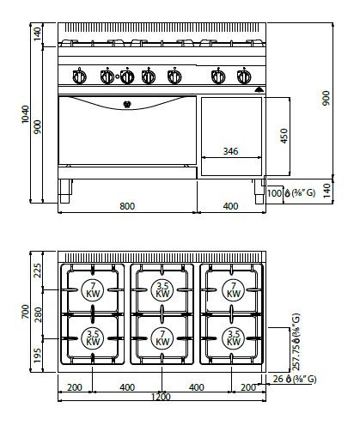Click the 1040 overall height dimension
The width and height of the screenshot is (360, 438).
point(25,113)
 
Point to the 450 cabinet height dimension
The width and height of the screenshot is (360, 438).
point(283,136)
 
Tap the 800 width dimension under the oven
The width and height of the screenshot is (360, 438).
point(127,206)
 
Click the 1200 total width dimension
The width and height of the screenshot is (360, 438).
point(161,397)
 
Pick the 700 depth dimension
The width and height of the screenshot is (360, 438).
point(25,312)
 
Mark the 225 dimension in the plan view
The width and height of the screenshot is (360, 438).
point(37,271)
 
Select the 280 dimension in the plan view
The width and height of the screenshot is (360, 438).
point(37,310)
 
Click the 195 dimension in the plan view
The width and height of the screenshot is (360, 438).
point(37,355)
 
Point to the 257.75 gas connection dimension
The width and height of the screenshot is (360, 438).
point(296,347)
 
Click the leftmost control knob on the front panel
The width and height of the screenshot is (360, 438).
point(80,77)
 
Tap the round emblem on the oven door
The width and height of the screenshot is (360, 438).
point(126,107)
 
